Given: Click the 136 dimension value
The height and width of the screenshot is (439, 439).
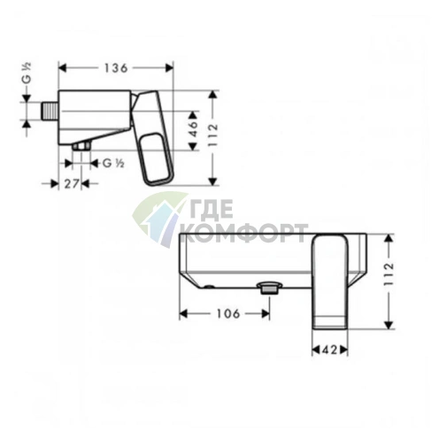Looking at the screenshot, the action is tap(116, 68).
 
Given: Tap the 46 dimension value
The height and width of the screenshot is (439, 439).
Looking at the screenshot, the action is tap(193, 128).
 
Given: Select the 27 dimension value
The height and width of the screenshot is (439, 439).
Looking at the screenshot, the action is tap(72, 184).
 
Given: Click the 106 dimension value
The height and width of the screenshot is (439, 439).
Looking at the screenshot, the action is tap(228, 313).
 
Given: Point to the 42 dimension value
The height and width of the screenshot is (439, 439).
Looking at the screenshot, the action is tap(329, 350).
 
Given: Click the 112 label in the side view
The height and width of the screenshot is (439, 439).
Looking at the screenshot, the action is tap(212, 135).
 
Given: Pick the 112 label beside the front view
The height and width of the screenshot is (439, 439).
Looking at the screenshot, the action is tap(389, 273).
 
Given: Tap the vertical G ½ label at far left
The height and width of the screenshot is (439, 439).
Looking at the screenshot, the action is tap(27, 74).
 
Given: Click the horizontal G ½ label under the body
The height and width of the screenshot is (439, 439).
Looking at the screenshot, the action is tap(113, 163).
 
